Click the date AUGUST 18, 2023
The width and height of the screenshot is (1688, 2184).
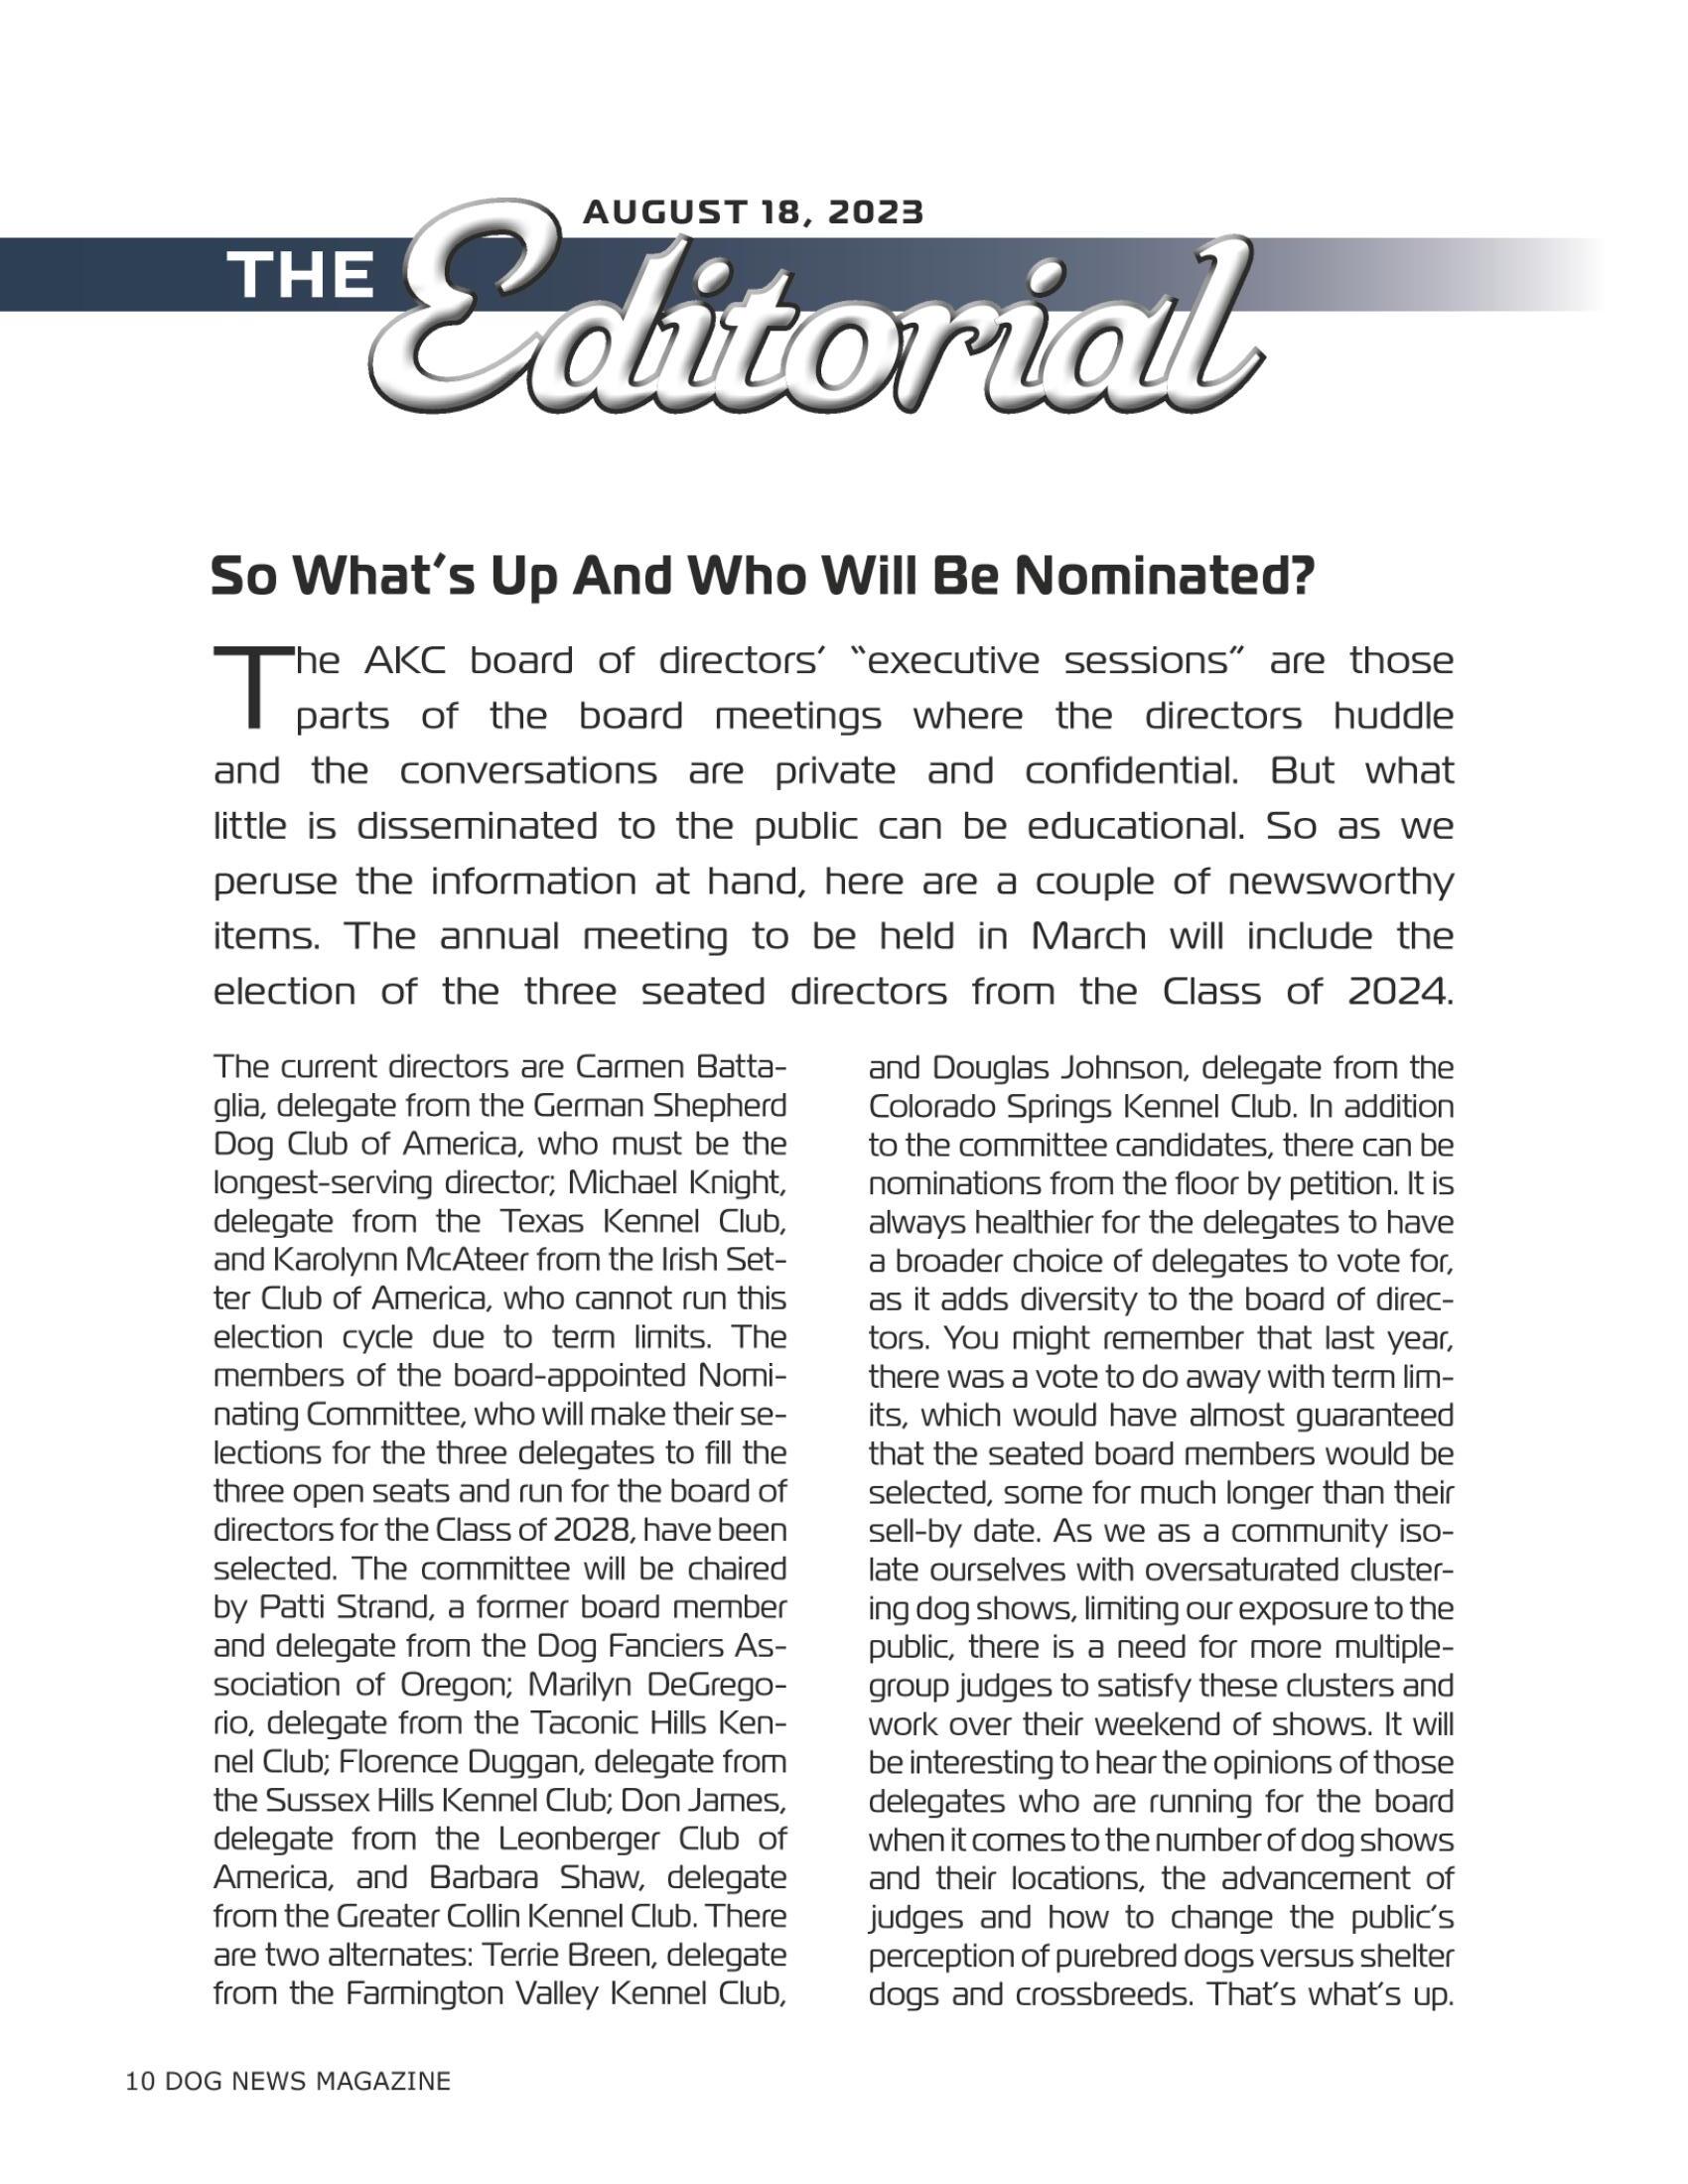point(753,212)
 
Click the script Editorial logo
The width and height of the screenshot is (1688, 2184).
point(820,320)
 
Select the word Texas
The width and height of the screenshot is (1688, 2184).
point(514,1222)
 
